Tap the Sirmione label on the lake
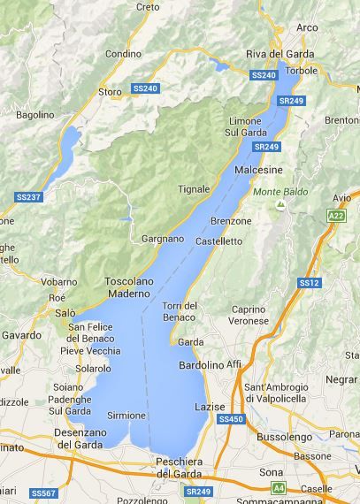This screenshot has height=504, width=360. (x=126, y=415)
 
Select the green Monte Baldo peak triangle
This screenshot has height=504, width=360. (x=280, y=205)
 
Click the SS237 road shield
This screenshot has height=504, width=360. (x=29, y=196)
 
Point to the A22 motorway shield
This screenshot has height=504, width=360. (x=336, y=216)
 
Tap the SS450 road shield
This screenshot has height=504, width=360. (x=229, y=419)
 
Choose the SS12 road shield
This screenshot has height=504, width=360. (x=308, y=283)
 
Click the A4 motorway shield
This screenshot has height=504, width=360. (x=278, y=487)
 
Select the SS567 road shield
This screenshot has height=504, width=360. (x=42, y=493)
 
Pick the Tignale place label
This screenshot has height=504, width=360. (x=194, y=189)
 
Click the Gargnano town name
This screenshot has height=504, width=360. (x=163, y=239)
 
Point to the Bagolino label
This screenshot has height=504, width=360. (x=35, y=115)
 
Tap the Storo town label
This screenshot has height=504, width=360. (x=110, y=91)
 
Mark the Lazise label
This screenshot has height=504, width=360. (x=210, y=406)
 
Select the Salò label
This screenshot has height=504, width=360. (x=65, y=313)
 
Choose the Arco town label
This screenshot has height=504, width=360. (x=307, y=28)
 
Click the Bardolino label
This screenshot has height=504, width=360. (x=202, y=364)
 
